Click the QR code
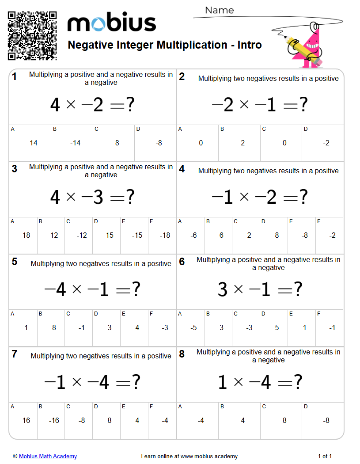tap(32, 35)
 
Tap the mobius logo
tap(112, 23)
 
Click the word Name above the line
tap(220, 10)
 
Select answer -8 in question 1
tap(159, 143)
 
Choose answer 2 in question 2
tap(243, 143)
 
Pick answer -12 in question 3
tap(82, 236)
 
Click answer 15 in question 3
tap(110, 236)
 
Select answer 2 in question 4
tap(249, 236)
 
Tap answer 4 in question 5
tap(137, 328)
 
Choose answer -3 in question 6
tap(249, 328)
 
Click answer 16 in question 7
tap(26, 420)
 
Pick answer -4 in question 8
tap(201, 420)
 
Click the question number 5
tap(15, 262)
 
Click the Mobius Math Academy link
tap(48, 456)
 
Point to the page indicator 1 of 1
tap(325, 456)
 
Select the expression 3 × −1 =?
tap(260, 290)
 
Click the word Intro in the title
tap(250, 45)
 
